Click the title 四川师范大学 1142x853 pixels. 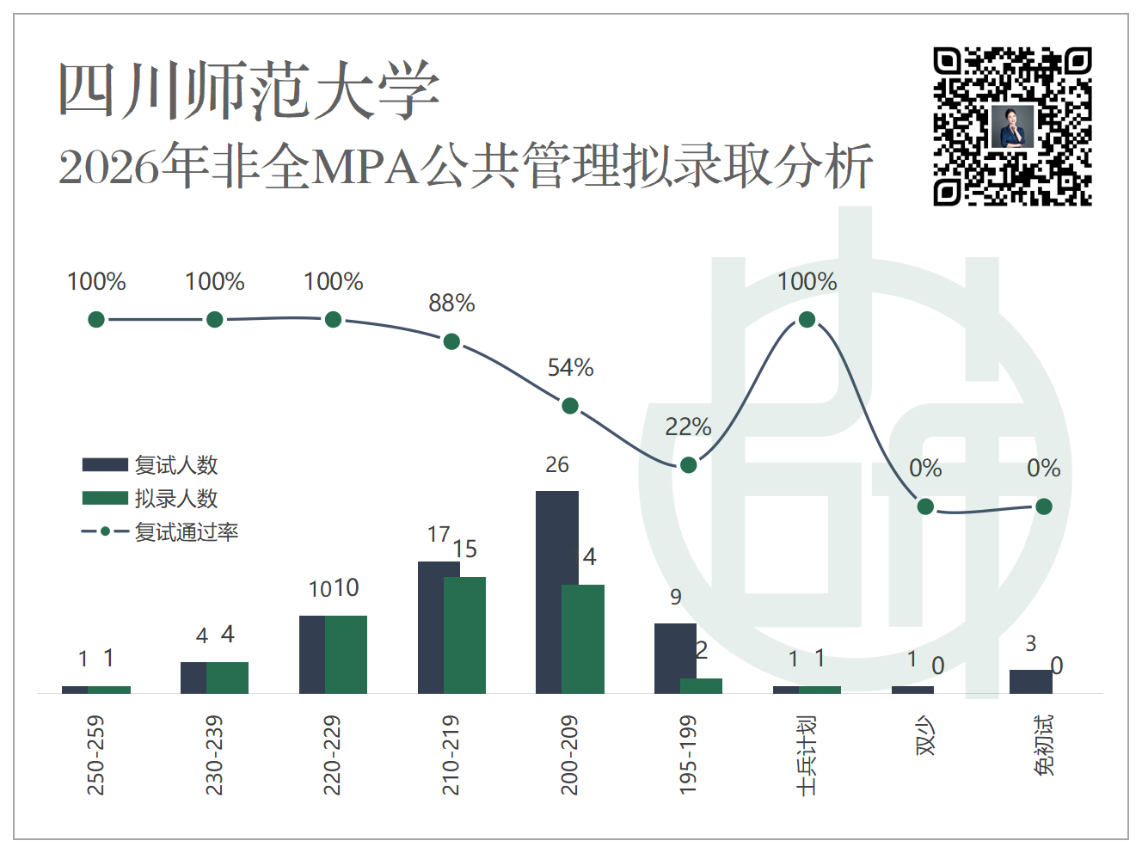(249, 89)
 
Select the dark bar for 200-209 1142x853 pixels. (556, 592)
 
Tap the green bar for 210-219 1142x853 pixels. (464, 635)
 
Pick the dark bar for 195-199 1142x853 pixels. (675, 659)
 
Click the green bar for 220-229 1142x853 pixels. (346, 655)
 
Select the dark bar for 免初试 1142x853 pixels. (1031, 682)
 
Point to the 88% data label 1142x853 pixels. (451, 303)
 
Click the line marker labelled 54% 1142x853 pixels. (570, 406)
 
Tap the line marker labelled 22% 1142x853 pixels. (688, 465)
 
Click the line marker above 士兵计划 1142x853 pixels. (807, 319)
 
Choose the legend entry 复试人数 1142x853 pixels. (150, 465)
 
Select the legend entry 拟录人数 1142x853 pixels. (150, 498)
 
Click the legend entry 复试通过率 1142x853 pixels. (160, 531)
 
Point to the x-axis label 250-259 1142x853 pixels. (95, 755)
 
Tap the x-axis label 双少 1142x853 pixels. (925, 735)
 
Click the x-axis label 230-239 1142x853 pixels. (214, 755)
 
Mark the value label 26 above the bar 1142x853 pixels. (556, 464)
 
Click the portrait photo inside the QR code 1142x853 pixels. (1012, 127)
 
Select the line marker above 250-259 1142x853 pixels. (96, 319)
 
